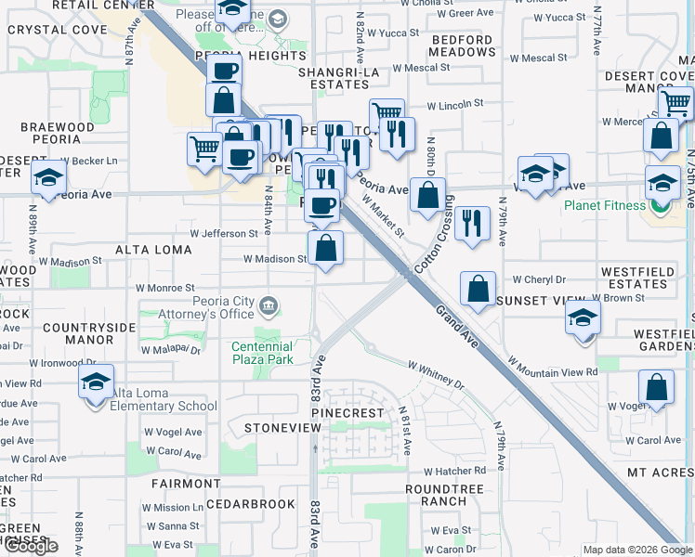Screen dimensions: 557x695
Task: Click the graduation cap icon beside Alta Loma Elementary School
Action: [x=96, y=382]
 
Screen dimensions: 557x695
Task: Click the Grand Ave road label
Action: [x=455, y=326]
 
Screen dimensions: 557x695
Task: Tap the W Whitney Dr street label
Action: [x=434, y=375]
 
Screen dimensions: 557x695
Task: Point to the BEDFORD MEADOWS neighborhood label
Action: [x=462, y=46]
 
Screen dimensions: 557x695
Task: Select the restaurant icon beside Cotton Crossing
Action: [x=472, y=223]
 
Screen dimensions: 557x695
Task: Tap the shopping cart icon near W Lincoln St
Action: [x=387, y=113]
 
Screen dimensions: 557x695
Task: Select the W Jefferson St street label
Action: [x=224, y=234]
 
